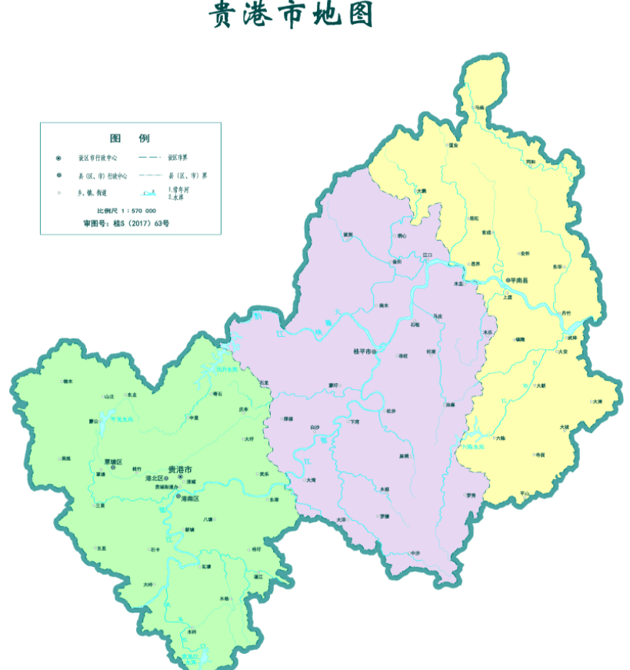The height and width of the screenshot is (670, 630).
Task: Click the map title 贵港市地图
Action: point(291,15)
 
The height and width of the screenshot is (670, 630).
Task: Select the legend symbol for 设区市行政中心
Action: point(58,158)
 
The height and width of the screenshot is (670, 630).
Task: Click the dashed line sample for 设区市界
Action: point(151,157)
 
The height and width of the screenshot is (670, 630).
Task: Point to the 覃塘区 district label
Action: point(113,462)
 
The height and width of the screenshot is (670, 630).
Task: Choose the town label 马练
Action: point(480,107)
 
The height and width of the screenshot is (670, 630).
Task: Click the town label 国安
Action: point(453,144)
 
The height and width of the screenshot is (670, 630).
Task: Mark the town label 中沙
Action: point(415,553)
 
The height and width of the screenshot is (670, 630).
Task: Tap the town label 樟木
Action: point(68,381)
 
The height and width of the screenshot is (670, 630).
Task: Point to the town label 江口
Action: point(428,254)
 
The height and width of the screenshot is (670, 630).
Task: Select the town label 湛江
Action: point(258,576)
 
